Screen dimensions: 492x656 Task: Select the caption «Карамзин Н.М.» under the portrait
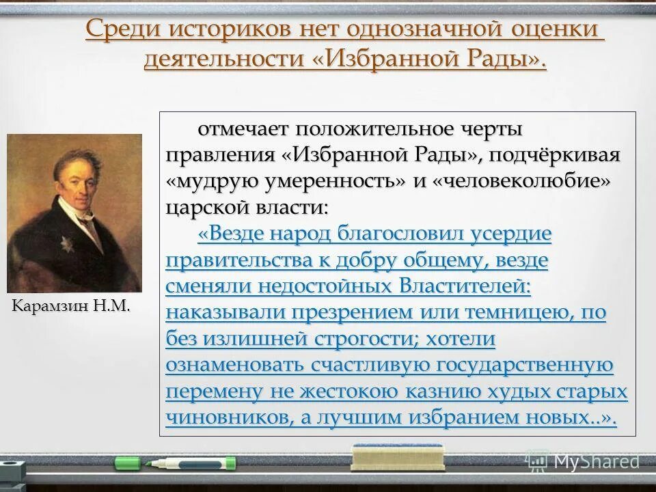pyautogui.click(x=71, y=305)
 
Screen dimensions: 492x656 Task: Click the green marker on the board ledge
pyautogui.click(x=175, y=463)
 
